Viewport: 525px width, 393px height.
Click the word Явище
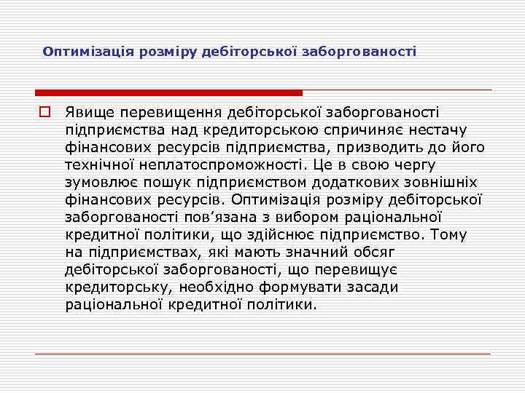pos(90,112)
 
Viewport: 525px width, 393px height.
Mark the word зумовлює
pos(98,182)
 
